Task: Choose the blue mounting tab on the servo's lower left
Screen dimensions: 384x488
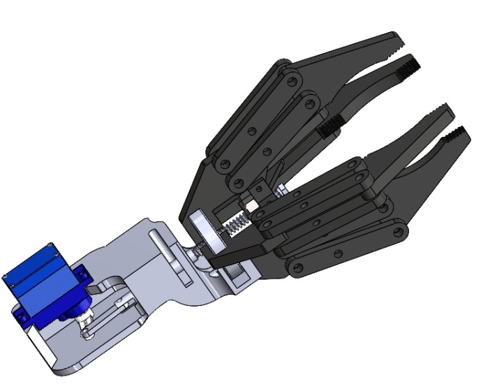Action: coord(25,317)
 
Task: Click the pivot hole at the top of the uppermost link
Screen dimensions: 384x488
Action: coord(281,71)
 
